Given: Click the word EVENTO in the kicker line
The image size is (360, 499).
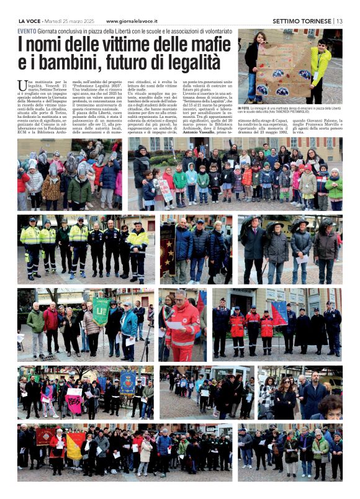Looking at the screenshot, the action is coord(27,30).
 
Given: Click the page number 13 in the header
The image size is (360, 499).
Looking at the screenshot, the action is coord(339,20).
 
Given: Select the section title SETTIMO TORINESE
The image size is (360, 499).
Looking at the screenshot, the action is coord(302,20).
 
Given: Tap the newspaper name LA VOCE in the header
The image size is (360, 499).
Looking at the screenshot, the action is coord(29,20).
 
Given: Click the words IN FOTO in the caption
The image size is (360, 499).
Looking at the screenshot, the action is coord(244,107).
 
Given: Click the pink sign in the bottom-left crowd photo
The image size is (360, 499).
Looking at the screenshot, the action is coord(74,403).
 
